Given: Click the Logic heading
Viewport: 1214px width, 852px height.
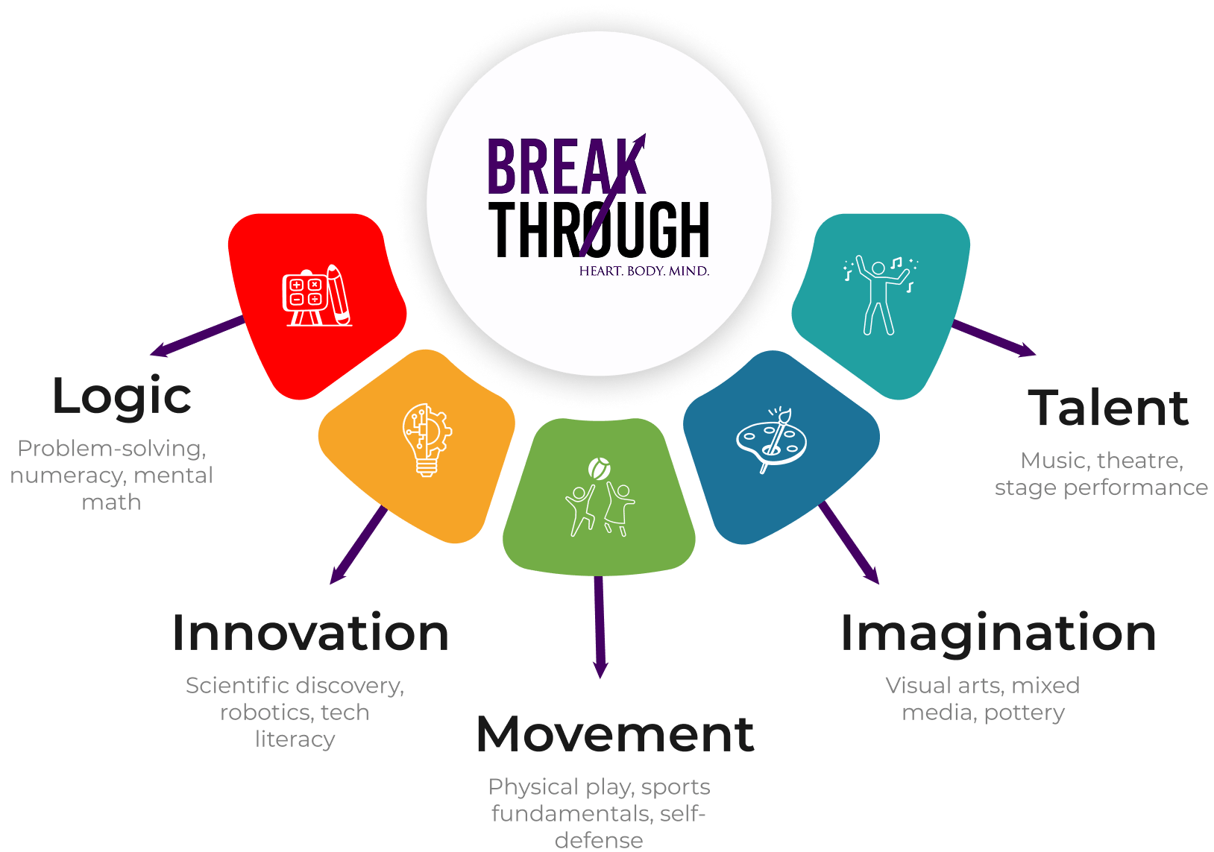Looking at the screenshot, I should pyautogui.click(x=122, y=397).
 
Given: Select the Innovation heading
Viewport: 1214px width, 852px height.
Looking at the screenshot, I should pyautogui.click(x=310, y=633).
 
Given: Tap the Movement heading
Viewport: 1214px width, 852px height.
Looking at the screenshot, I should pyautogui.click(x=615, y=734).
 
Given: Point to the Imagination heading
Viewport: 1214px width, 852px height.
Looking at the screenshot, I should pyautogui.click(x=998, y=634).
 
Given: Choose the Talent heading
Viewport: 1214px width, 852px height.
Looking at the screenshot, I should pyautogui.click(x=1108, y=408).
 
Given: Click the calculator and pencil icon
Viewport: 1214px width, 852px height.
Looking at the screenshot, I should pyautogui.click(x=317, y=296).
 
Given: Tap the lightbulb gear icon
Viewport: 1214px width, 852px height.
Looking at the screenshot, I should pyautogui.click(x=427, y=440).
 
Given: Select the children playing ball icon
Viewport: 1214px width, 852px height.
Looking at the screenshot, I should pyautogui.click(x=600, y=497).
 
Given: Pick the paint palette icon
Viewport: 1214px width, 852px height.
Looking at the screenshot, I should pyautogui.click(x=773, y=440).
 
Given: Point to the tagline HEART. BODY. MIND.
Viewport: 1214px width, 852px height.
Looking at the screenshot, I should pyautogui.click(x=644, y=271).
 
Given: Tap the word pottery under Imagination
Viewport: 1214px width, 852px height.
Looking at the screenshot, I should pyautogui.click(x=1024, y=713).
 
